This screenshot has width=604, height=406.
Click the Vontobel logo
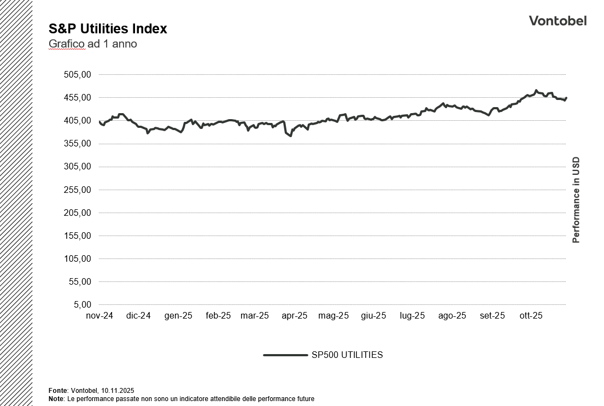[x=558, y=21]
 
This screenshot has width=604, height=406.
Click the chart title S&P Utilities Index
[x=108, y=29]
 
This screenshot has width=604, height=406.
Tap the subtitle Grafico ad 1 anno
[x=92, y=44]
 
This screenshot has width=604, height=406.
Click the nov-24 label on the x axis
[x=99, y=316]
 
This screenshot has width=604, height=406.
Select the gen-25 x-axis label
[x=178, y=316]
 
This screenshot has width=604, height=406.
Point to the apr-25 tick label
[x=295, y=316]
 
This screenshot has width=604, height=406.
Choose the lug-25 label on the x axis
[x=412, y=316]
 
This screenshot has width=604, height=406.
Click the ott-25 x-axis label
[x=530, y=316]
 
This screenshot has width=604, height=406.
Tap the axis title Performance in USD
[x=576, y=200]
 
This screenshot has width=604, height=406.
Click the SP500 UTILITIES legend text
[x=347, y=355]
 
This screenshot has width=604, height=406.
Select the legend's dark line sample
[x=285, y=355]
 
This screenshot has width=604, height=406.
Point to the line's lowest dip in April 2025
[x=291, y=136]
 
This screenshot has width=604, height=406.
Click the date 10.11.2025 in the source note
[x=118, y=391]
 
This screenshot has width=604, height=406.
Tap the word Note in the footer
[x=56, y=399]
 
